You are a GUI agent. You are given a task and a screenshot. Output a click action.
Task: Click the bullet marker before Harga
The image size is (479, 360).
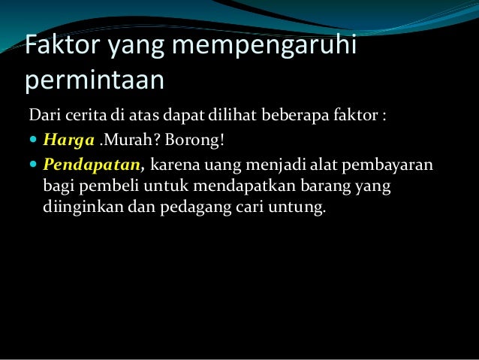pyautogui.click(x=34, y=139)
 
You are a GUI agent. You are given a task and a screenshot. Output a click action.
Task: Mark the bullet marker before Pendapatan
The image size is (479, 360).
pyautogui.click(x=34, y=163)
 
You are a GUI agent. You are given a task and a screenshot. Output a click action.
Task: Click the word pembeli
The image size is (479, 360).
pyautogui.click(x=96, y=185)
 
